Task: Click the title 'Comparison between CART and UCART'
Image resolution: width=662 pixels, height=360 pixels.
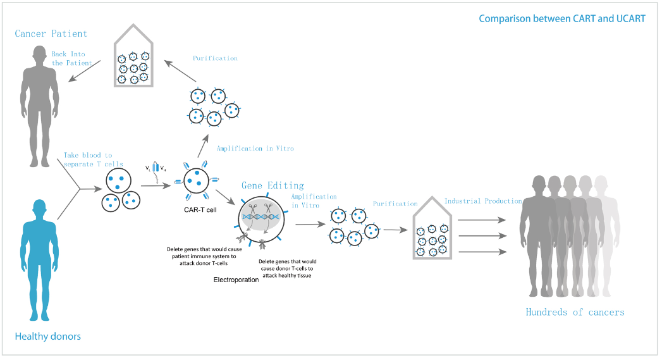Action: pyautogui.click(x=561, y=18)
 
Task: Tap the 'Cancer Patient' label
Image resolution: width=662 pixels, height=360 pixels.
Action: pyautogui.click(x=51, y=34)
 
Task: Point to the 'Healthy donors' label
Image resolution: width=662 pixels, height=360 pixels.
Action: pyautogui.click(x=48, y=336)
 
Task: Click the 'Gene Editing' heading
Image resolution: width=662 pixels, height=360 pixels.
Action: pyautogui.click(x=273, y=185)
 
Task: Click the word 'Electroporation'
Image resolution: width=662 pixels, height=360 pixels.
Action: pyautogui.click(x=236, y=279)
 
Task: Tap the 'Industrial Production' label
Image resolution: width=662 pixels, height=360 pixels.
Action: pyautogui.click(x=483, y=201)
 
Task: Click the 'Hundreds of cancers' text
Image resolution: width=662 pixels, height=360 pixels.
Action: pyautogui.click(x=575, y=312)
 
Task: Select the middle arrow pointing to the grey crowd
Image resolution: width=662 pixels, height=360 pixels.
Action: pyautogui.click(x=482, y=236)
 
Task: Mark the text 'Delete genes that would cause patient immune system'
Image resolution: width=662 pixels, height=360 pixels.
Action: pyautogui.click(x=203, y=253)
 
